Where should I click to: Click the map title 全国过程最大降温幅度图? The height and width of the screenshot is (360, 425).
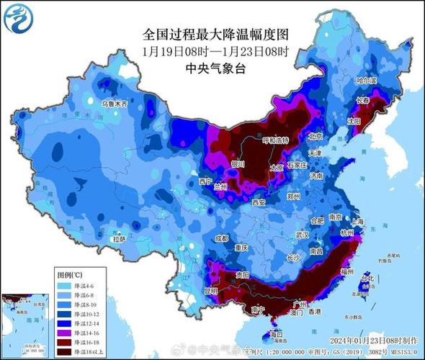pos(215,34)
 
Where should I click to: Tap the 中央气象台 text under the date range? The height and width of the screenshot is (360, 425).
pos(215,69)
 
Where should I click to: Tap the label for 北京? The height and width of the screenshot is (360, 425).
pos(314,136)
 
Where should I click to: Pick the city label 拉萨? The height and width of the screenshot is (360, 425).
pos(119,238)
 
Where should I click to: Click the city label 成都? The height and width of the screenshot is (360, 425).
pos(220,238)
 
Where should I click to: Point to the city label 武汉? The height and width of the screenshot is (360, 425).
pos(302,235)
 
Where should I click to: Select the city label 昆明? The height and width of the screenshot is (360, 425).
pos(210,292)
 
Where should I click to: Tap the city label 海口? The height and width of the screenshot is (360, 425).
pos(276,335)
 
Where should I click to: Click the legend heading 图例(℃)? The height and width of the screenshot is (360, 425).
pos(70,275)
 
